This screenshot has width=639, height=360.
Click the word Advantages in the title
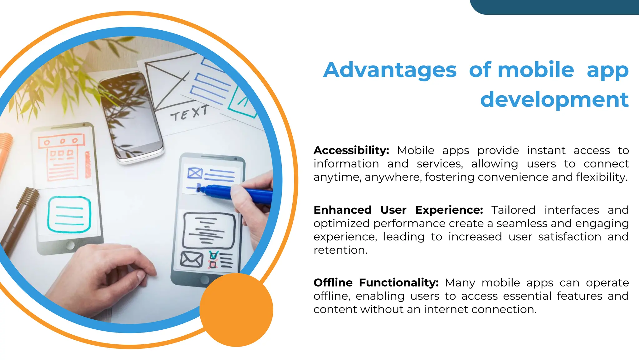click(x=390, y=70)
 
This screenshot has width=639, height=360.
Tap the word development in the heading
click(x=554, y=100)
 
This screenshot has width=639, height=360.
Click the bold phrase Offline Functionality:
click(x=376, y=282)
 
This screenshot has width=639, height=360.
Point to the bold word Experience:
click(x=449, y=210)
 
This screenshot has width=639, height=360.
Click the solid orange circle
click(x=236, y=310)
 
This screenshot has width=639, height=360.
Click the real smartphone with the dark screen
click(x=131, y=116)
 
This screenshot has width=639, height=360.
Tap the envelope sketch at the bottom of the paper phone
click(x=192, y=259)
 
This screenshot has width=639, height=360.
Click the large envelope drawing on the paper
click(x=168, y=80)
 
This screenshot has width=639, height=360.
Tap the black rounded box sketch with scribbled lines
click(x=208, y=231)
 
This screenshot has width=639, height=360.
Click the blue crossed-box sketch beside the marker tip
click(x=195, y=173)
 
